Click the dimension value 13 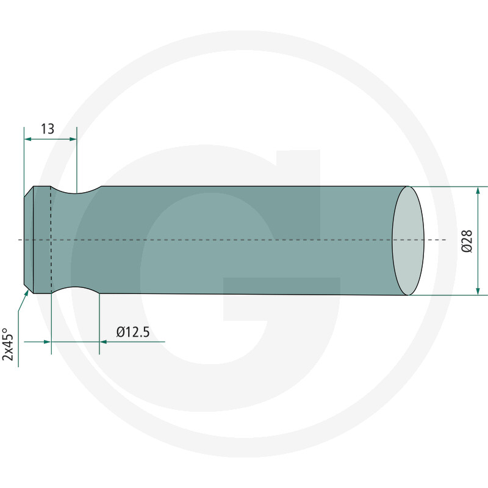pyautogui.click(x=48, y=129)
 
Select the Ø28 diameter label pyautogui.click(x=467, y=241)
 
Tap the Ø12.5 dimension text pyautogui.click(x=133, y=332)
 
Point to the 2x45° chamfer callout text pyautogui.click(x=8, y=345)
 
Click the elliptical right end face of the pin pyautogui.click(x=407, y=241)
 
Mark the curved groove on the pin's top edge pyautogui.click(x=76, y=192)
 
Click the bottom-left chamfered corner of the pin pyautogui.click(x=28, y=290)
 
